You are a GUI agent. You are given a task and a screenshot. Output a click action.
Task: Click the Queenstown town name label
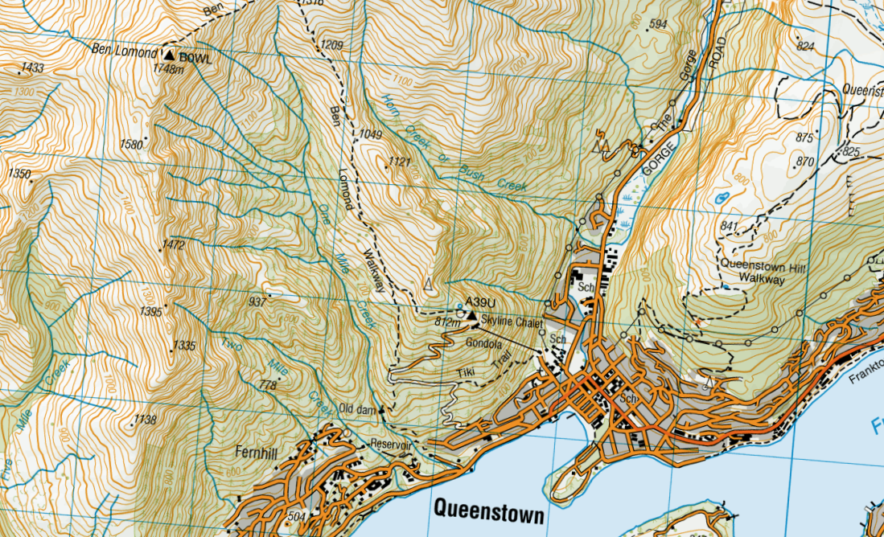[488, 510]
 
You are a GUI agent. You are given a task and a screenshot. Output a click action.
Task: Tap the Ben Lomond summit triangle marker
[169, 55]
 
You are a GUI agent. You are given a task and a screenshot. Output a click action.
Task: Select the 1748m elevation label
[168, 68]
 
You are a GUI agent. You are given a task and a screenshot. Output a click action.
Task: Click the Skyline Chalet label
[512, 322]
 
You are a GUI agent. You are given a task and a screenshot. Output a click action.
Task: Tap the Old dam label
[358, 409]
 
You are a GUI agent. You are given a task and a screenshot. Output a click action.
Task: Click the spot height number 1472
[172, 244]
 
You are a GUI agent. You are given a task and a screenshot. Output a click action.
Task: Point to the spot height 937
[257, 302]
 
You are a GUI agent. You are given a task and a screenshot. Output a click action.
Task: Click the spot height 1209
[331, 45]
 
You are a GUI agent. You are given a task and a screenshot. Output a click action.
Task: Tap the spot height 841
[729, 227]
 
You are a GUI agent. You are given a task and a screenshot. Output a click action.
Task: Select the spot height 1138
[146, 419]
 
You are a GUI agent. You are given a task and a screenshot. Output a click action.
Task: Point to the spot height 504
[296, 516]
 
